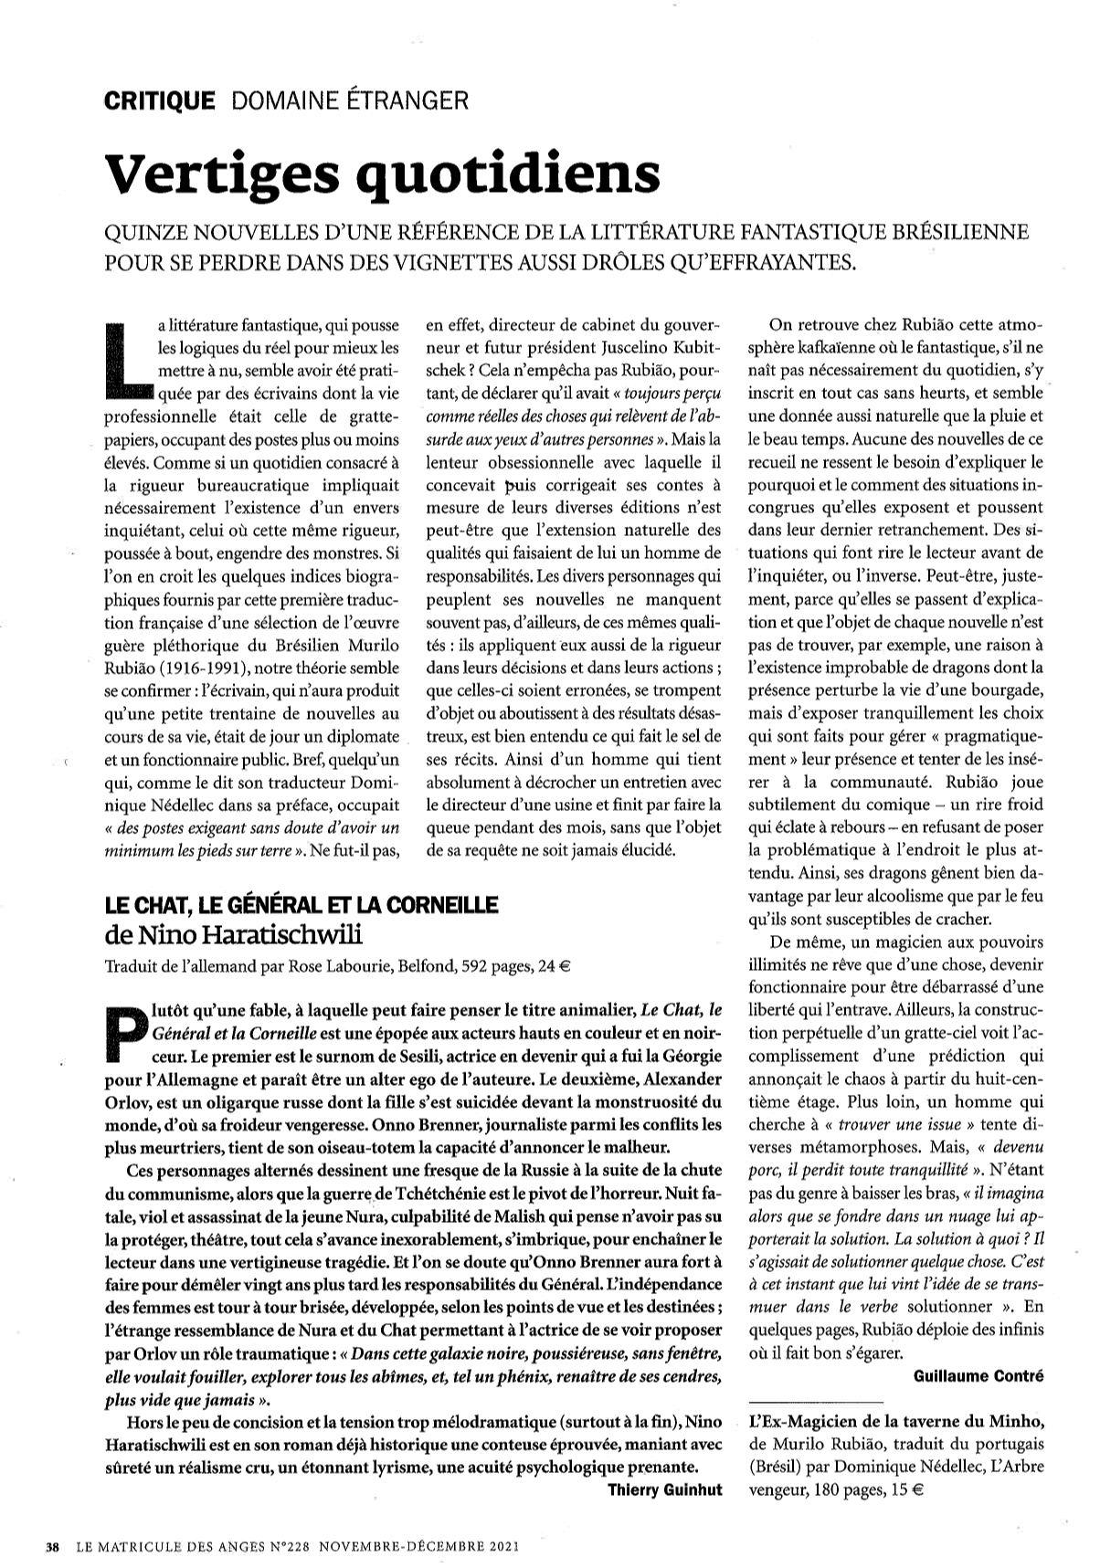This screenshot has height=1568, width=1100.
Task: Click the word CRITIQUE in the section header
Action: (160, 100)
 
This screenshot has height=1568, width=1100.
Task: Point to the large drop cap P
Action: (126, 1033)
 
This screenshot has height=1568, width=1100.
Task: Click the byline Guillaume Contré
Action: (978, 1375)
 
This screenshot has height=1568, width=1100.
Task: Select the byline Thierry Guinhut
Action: (665, 1489)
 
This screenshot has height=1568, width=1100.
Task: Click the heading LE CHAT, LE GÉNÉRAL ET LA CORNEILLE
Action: (301, 904)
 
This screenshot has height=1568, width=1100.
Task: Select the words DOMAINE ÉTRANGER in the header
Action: (351, 100)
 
